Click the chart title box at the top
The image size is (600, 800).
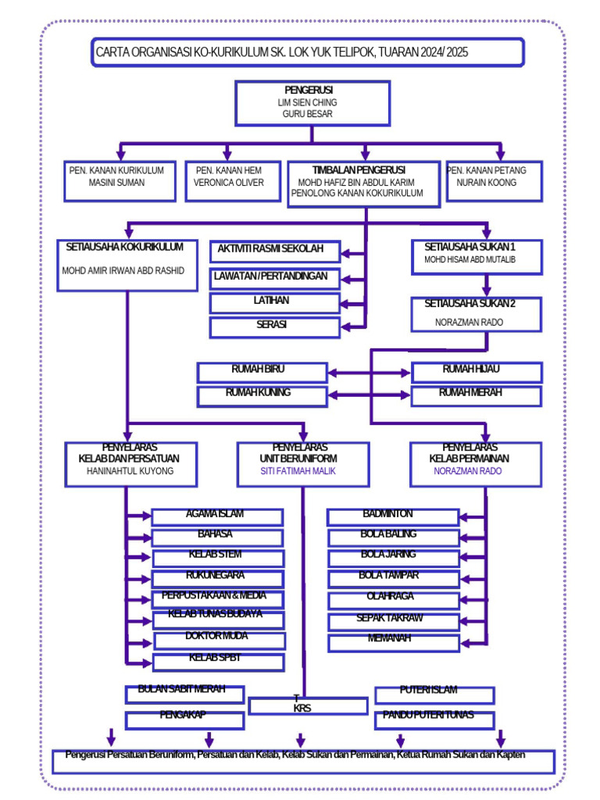click(x=307, y=53)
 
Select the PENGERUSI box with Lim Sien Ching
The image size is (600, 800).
click(x=312, y=102)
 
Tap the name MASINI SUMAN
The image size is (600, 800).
click(x=116, y=183)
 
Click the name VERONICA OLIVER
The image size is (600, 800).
click(x=229, y=183)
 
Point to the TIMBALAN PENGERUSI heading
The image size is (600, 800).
click(x=359, y=170)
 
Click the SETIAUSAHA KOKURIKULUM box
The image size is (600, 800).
click(x=127, y=266)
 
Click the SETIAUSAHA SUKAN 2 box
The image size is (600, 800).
click(x=477, y=313)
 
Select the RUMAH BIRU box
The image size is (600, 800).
click(x=262, y=372)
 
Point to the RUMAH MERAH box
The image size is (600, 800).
click(x=476, y=396)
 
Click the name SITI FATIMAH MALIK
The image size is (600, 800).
click(x=302, y=472)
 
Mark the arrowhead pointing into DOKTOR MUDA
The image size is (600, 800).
click(x=148, y=641)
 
